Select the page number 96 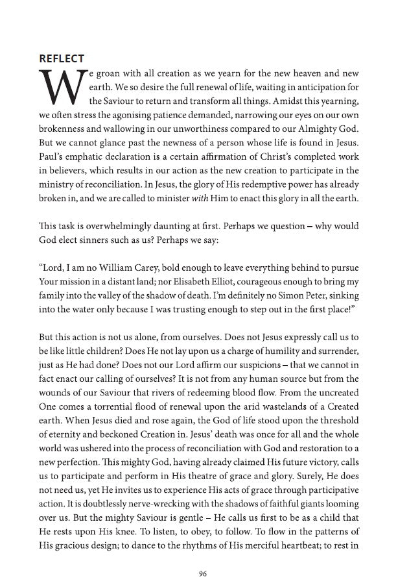tap(204, 556)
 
